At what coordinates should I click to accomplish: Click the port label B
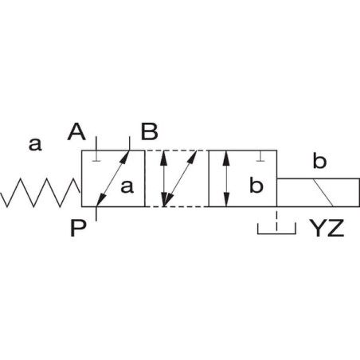click(150, 131)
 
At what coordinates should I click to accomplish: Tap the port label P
click(78, 229)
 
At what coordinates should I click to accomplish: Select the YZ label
click(327, 228)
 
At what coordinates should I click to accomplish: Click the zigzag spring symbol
click(41, 193)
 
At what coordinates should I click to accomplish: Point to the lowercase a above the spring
click(35, 144)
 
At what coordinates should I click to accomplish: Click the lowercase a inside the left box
click(127, 186)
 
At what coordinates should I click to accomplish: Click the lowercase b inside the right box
click(256, 185)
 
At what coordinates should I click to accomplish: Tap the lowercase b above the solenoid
click(319, 160)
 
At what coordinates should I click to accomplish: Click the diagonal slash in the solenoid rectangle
click(323, 193)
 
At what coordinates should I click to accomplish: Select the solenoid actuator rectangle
click(319, 193)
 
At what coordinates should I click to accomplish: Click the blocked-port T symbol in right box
click(261, 156)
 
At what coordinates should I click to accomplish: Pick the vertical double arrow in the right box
click(226, 178)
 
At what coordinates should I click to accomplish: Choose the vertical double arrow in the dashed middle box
click(164, 178)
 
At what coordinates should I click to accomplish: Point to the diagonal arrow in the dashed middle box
click(180, 178)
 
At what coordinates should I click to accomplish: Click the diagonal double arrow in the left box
click(113, 178)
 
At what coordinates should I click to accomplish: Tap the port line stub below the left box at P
click(96, 213)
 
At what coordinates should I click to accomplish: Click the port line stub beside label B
click(130, 143)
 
